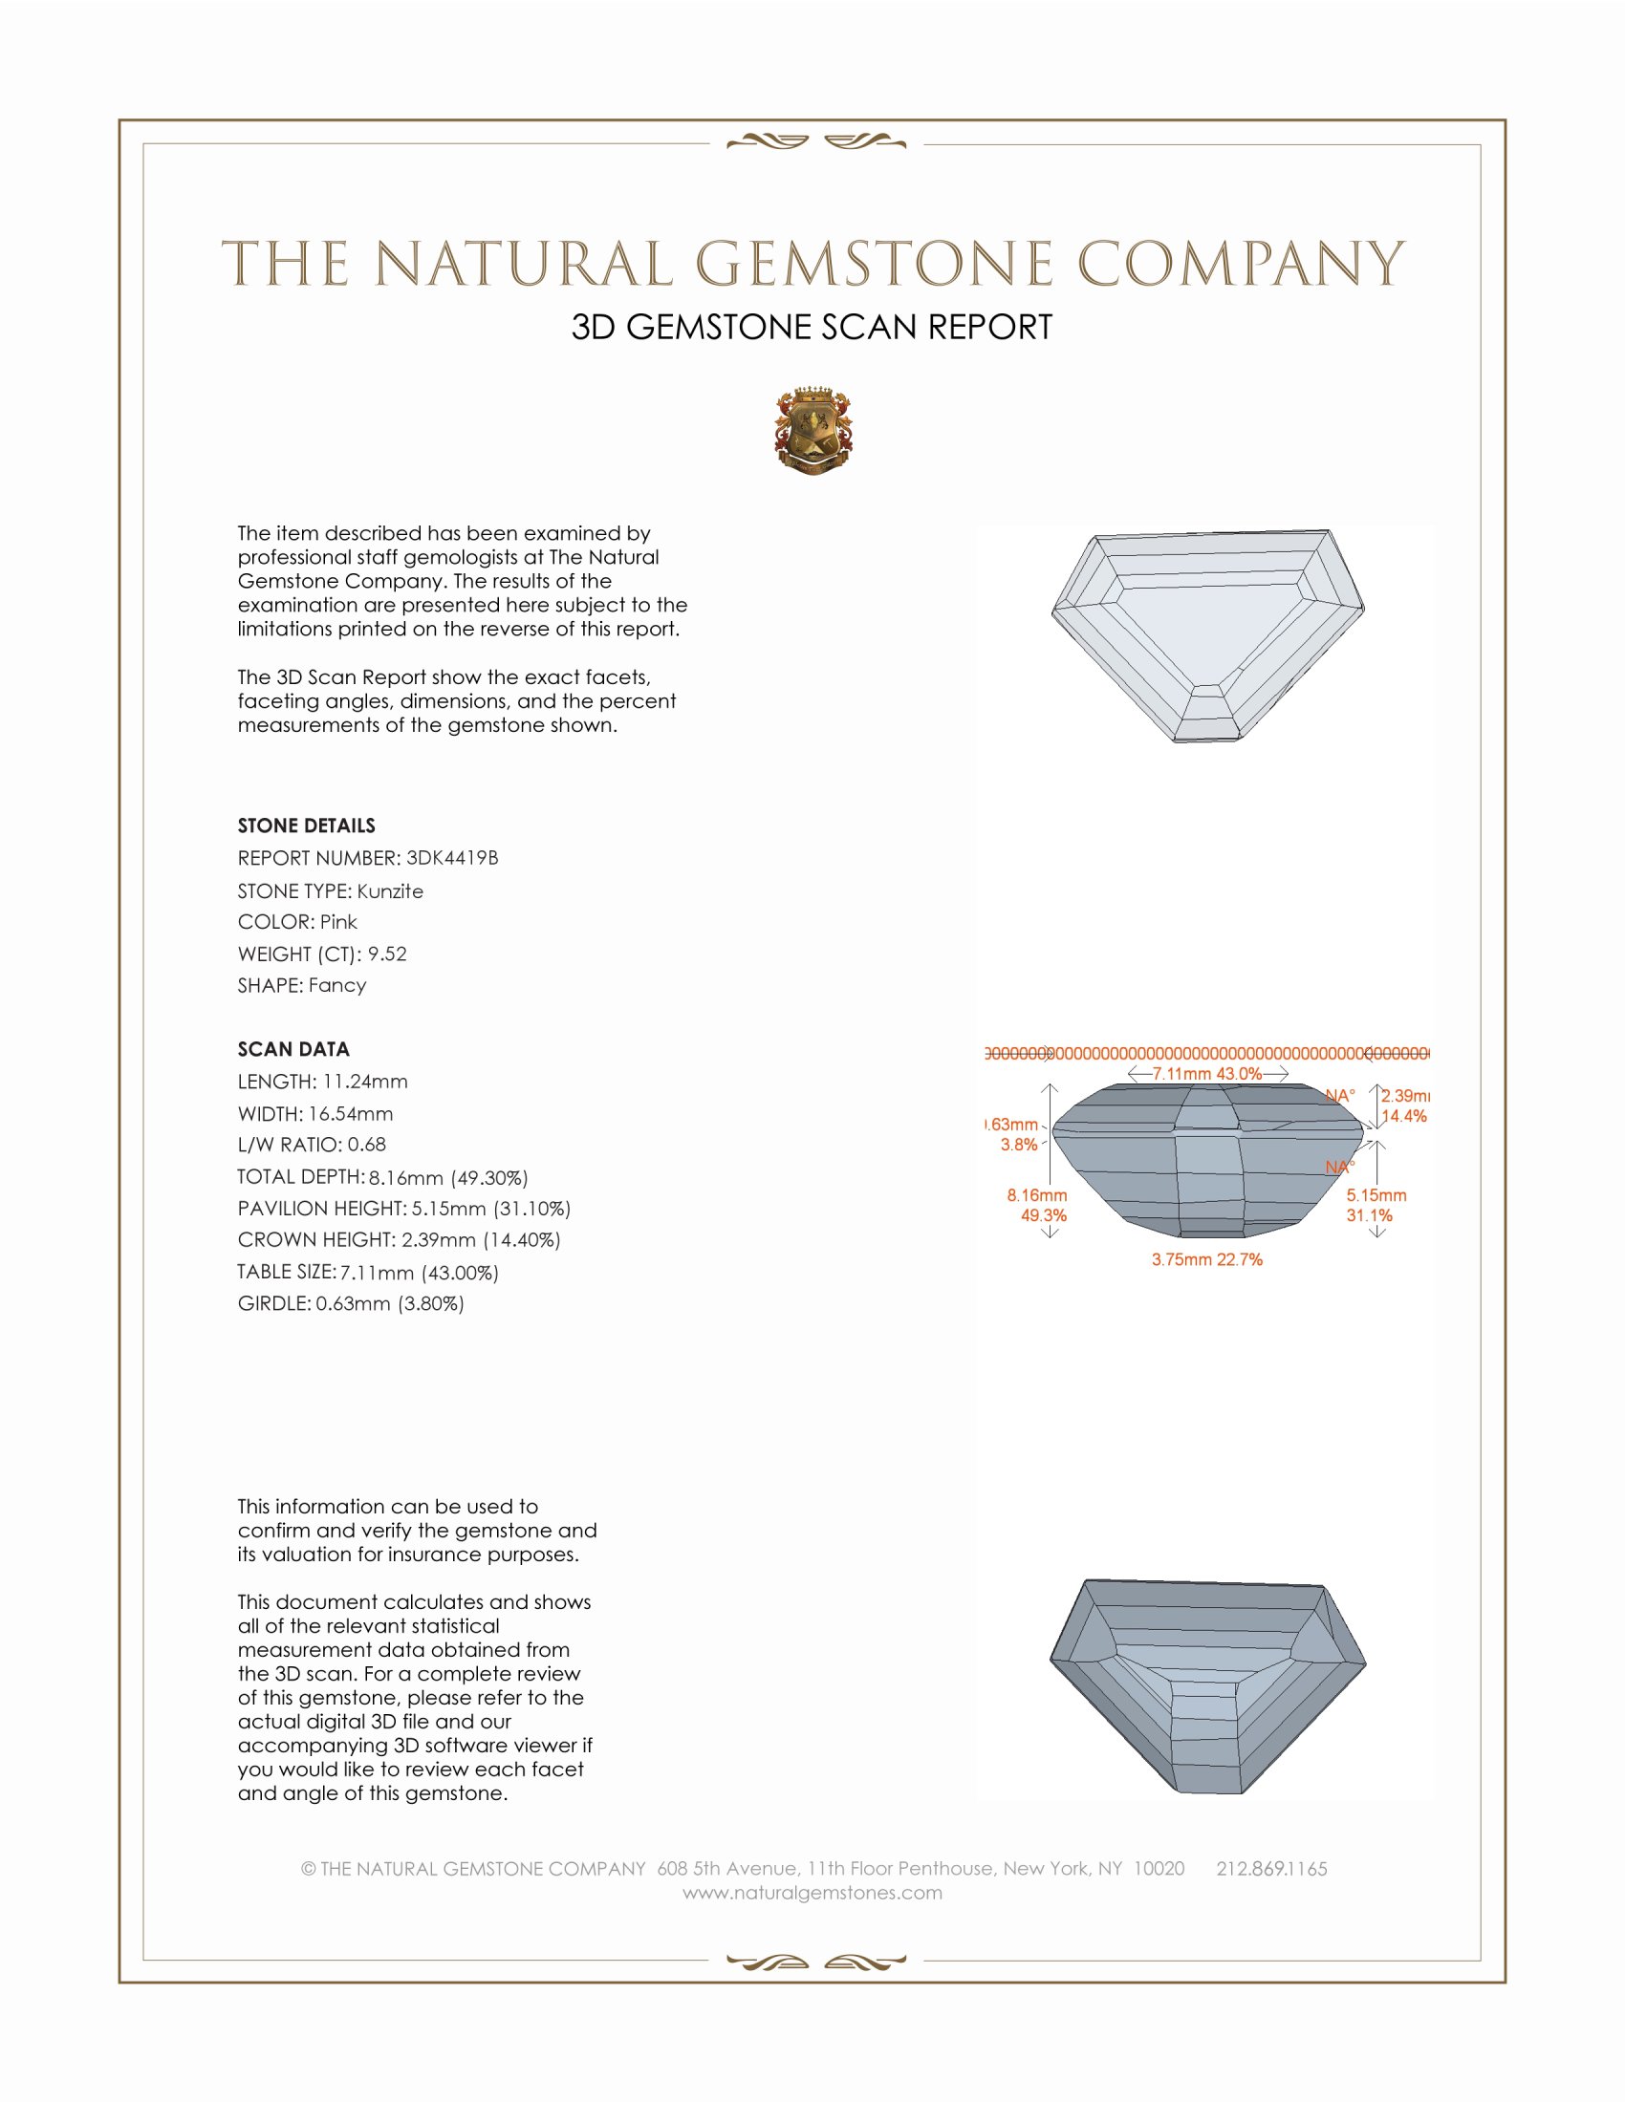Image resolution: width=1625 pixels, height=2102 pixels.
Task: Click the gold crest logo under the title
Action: point(813,432)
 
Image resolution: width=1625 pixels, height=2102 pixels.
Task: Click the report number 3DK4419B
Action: point(451,858)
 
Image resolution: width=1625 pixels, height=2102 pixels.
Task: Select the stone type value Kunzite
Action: point(390,891)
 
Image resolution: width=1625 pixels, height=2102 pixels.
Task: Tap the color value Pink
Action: point(337,922)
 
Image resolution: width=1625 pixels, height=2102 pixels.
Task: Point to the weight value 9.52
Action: point(387,954)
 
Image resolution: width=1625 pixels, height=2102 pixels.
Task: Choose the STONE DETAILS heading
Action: point(306,826)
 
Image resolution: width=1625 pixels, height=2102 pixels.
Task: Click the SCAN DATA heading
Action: point(293,1049)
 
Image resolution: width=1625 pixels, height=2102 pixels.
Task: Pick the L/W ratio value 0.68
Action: point(367,1145)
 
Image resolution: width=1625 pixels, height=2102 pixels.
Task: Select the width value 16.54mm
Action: point(351,1113)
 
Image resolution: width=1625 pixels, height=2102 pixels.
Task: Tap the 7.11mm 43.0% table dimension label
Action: point(1207,1073)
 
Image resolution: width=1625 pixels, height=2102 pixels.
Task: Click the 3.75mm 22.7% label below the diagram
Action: point(1207,1260)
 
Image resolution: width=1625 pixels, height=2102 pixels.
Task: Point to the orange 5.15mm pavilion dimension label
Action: point(1376,1195)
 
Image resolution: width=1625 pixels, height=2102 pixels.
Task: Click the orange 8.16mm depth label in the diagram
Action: point(1037,1195)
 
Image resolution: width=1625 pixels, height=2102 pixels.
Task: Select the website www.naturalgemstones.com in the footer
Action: point(812,1893)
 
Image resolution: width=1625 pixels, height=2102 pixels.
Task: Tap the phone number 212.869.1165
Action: point(1271,1869)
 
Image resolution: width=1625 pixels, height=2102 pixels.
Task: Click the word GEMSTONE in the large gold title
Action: point(874,264)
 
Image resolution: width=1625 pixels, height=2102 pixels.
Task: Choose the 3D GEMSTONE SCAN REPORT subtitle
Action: point(812,327)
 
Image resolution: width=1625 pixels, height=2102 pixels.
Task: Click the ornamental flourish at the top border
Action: point(816,142)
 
